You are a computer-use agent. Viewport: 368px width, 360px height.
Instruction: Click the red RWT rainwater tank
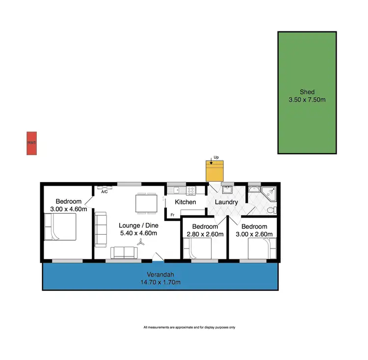pos(32,143)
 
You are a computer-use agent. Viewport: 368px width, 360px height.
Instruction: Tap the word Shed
pos(307,92)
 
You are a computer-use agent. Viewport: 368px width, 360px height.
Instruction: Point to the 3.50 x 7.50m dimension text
pos(307,100)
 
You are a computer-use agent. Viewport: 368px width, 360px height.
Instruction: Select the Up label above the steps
pos(215,158)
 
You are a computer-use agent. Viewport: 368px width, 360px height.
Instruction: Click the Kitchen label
pos(185,202)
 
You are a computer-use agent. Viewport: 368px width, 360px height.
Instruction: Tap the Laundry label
pos(226,202)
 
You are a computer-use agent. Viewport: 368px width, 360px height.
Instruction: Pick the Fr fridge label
pos(172,215)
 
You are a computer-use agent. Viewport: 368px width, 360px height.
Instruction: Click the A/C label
pos(105,192)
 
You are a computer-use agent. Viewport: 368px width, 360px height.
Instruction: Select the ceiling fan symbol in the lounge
pos(141,242)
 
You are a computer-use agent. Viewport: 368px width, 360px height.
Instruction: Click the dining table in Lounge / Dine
pos(145,204)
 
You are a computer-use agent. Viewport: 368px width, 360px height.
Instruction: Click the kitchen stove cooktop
pos(190,189)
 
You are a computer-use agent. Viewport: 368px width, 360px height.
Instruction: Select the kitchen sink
pos(176,189)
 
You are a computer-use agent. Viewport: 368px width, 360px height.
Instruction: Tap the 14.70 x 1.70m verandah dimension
pos(161,282)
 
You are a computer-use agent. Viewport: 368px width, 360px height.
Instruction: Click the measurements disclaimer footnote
pos(189,327)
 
